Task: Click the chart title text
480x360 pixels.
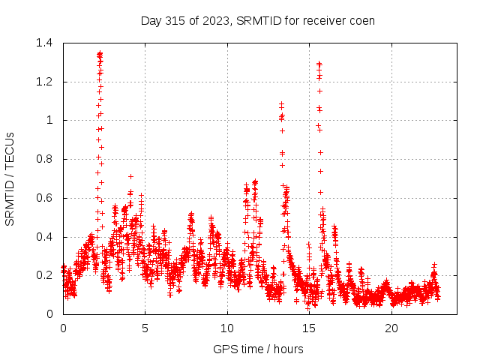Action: [257, 20]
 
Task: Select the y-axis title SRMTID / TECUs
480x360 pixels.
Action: [10, 178]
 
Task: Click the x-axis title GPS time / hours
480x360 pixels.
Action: [258, 349]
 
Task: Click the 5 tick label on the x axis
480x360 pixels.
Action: [145, 328]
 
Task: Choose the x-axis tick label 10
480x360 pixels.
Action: [227, 328]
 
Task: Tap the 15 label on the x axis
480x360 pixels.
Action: [310, 328]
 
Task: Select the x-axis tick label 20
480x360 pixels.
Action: [391, 328]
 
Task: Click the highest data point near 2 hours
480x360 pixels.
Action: [100, 54]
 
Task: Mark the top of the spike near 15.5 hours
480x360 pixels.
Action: [319, 64]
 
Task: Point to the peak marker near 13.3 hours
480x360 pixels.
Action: [281, 104]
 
